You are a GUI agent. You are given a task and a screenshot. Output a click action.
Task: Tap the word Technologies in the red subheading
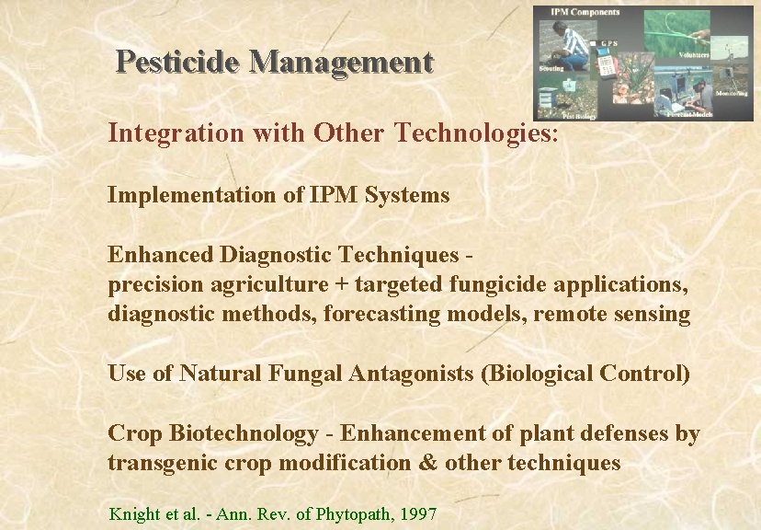(475, 133)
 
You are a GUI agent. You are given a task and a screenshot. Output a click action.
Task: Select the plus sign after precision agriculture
(340, 284)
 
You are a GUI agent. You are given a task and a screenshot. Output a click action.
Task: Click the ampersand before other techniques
(428, 463)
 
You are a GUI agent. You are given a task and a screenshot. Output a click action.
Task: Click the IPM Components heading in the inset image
(585, 12)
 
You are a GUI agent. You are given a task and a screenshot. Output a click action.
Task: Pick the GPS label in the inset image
(608, 43)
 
